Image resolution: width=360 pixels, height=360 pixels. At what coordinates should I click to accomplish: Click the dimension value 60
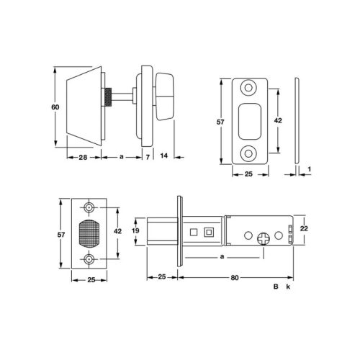tap(54, 107)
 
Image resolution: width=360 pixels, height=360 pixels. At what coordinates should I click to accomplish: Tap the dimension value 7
tap(147, 156)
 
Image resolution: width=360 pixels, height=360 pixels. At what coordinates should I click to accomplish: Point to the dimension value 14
tap(164, 156)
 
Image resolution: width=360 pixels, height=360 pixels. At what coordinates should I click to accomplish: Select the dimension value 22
tap(305, 228)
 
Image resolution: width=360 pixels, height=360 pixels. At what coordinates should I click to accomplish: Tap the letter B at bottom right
tap(275, 287)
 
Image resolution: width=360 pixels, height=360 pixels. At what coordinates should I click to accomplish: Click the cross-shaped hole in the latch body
tap(265, 237)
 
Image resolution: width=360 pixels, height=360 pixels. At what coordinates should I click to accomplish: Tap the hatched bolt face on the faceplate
tap(90, 234)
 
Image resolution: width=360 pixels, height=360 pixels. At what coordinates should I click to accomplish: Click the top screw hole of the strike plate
tap(250, 87)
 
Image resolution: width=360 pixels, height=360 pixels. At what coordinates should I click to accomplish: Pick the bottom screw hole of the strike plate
tap(250, 152)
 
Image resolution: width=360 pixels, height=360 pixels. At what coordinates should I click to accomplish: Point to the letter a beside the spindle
tap(121, 156)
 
